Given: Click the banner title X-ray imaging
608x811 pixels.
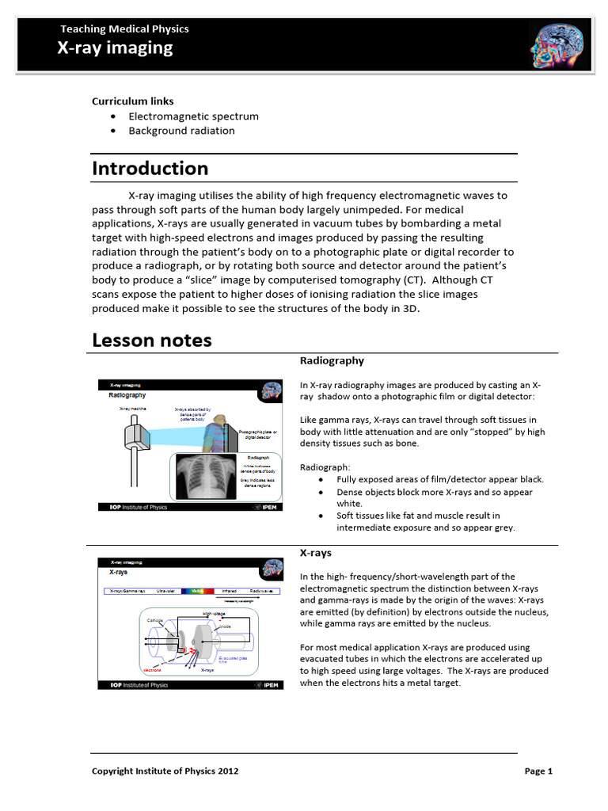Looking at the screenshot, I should click(x=115, y=48).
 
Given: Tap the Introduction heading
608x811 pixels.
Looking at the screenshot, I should click(x=150, y=169).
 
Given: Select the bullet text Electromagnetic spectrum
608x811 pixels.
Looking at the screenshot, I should click(x=193, y=116).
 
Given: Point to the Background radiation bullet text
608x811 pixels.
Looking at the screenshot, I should click(x=181, y=131).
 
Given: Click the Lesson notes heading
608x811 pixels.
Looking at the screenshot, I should click(x=152, y=341).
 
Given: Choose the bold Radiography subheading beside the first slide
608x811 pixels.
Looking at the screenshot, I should click(x=332, y=360).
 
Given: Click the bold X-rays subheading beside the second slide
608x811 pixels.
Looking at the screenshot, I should click(x=316, y=553).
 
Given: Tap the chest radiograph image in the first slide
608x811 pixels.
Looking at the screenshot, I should click(x=204, y=478).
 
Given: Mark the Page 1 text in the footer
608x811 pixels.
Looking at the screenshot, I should click(x=538, y=771).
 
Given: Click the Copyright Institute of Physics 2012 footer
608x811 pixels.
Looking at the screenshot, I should click(x=165, y=771).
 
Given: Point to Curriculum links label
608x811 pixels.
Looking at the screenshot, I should click(x=132, y=101).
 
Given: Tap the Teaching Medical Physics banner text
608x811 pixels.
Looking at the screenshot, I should click(x=125, y=29).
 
